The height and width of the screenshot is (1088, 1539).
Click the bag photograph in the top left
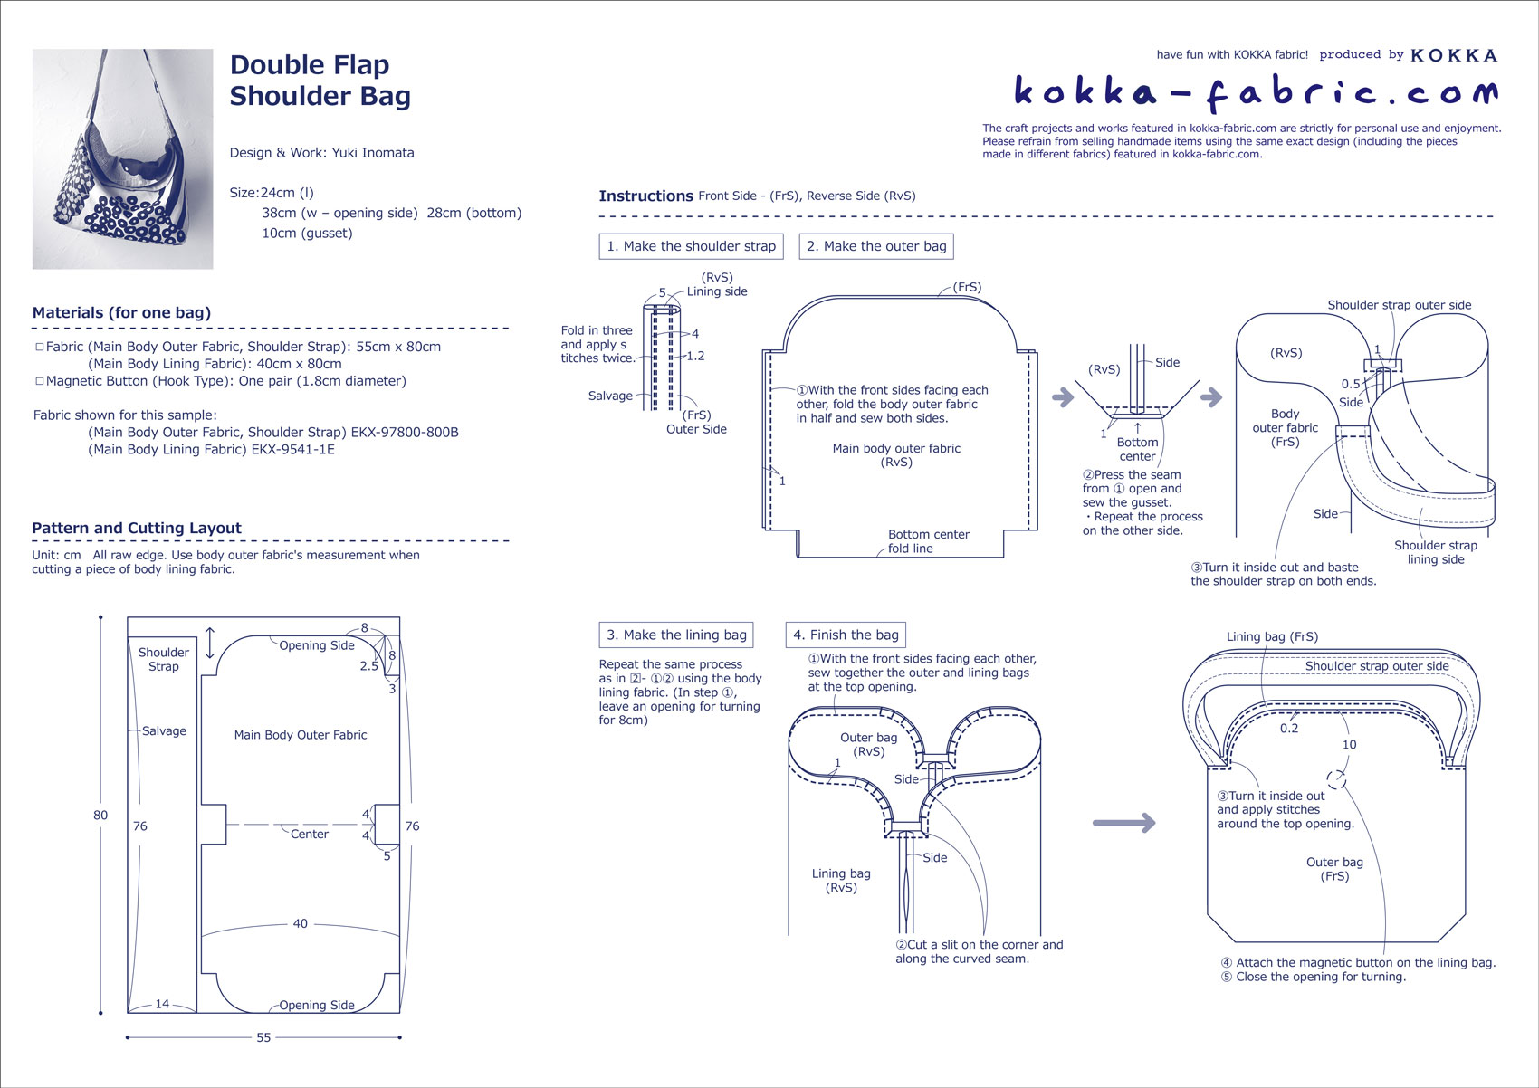click(x=122, y=159)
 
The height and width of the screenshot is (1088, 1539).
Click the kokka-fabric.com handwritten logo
click(x=1255, y=91)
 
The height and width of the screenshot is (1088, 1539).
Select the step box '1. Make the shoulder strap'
click(x=691, y=246)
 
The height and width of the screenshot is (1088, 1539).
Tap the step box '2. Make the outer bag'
click(x=876, y=246)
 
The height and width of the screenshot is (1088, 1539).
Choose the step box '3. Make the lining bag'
click(x=676, y=635)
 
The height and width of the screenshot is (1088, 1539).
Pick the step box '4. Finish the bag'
click(x=846, y=635)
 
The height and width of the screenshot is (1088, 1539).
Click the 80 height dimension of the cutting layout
click(x=100, y=816)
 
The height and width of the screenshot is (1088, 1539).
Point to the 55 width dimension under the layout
click(x=263, y=1037)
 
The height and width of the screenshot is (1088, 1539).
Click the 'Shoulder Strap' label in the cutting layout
click(x=164, y=659)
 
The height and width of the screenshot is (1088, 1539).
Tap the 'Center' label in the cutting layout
click(x=310, y=834)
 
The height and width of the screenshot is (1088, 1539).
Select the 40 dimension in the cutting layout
click(x=301, y=924)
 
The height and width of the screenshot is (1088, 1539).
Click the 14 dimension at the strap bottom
click(x=162, y=1004)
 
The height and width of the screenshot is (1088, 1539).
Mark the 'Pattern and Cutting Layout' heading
click(x=137, y=529)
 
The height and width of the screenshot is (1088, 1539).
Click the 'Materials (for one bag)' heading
click(x=121, y=313)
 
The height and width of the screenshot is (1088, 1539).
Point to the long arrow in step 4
click(x=1123, y=823)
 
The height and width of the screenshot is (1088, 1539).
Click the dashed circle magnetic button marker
click(x=1336, y=779)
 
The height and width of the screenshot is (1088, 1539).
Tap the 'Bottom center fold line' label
click(x=928, y=541)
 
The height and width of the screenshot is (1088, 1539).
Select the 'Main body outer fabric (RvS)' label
click(x=896, y=455)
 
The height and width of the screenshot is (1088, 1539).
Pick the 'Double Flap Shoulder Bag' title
click(x=320, y=81)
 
